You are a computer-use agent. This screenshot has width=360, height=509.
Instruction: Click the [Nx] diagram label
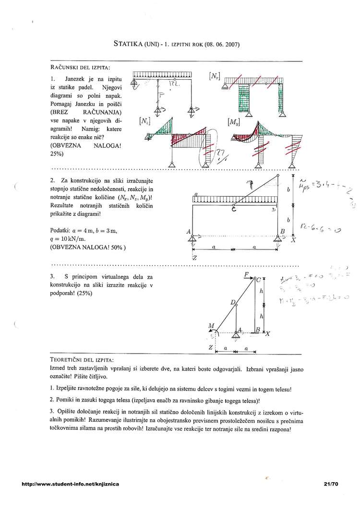[214, 76]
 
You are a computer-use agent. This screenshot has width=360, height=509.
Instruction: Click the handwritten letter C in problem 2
[233, 209]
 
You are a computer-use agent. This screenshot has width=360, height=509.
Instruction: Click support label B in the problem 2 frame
[283, 231]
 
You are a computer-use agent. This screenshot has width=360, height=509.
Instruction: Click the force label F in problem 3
[247, 275]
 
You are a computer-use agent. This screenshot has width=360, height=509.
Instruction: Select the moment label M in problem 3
[211, 326]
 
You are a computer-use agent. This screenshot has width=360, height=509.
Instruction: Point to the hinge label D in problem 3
[232, 302]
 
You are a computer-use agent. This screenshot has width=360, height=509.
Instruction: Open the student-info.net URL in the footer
[70, 485]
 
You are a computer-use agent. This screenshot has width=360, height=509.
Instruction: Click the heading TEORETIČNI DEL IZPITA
[82, 358]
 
